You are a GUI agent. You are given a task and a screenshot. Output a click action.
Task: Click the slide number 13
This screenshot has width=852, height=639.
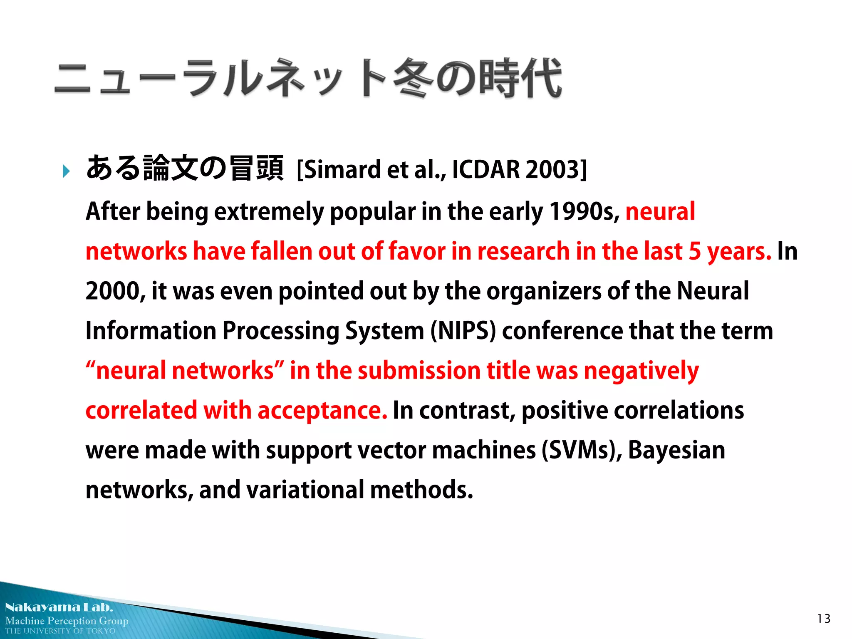tap(824, 619)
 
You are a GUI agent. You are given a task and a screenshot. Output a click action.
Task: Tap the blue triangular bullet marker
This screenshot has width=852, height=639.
tap(66, 171)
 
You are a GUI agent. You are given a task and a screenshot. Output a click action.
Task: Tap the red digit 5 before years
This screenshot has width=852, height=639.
tap(694, 251)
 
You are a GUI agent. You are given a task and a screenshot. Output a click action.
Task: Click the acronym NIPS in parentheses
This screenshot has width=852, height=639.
tap(463, 331)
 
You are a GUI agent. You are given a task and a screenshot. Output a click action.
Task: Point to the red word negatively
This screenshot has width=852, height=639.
tap(641, 371)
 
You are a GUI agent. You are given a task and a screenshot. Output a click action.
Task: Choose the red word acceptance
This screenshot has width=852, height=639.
tap(322, 411)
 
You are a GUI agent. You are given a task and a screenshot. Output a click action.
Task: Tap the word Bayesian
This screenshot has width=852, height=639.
tap(676, 450)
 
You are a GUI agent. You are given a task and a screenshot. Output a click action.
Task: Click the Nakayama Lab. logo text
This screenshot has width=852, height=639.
tap(59, 607)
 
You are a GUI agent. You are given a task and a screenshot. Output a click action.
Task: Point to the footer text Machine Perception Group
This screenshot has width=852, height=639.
tap(67, 621)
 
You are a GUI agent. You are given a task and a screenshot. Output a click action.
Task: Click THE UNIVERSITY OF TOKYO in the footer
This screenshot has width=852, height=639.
tap(60, 631)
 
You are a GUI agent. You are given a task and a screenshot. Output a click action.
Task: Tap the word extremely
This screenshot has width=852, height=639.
tap(269, 211)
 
